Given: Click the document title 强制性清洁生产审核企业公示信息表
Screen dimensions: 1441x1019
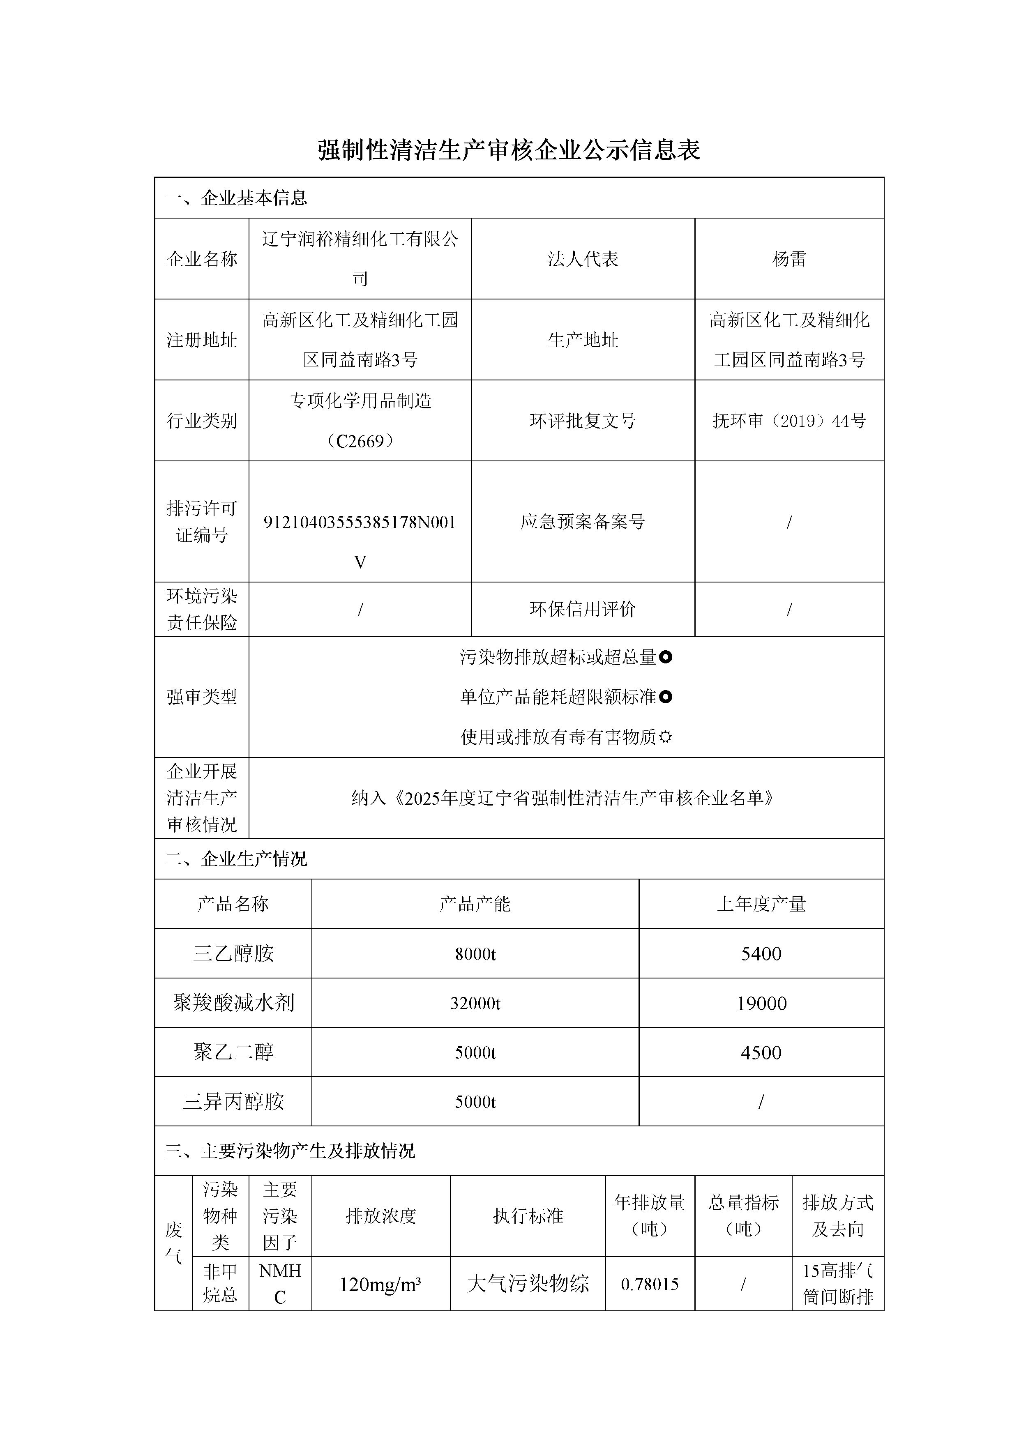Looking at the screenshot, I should point(509,150).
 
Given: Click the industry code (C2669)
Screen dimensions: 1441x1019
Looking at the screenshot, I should point(360,441).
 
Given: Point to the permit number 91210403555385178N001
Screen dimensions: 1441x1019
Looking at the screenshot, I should point(360,522).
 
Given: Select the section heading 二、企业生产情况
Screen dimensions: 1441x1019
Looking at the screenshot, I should point(236,859).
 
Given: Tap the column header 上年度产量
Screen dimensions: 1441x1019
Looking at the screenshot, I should point(761,904).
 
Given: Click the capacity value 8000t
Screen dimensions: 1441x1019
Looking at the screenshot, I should point(475,954).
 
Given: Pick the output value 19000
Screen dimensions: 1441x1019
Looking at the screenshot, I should point(761,1004).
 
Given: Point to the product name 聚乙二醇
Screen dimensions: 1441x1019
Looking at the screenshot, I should point(233,1052).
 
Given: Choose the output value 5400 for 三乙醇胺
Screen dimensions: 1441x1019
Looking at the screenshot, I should point(761,954).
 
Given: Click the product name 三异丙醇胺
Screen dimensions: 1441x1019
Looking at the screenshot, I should point(233,1101).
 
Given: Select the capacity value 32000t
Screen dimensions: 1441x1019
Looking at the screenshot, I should point(475,1004).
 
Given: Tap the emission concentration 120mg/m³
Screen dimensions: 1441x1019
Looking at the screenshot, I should point(380,1284).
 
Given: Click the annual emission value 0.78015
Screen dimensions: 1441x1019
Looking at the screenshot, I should point(650,1284).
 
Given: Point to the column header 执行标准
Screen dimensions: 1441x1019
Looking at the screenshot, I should point(528,1215).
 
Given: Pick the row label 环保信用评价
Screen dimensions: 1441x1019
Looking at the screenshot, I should point(583,609).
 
